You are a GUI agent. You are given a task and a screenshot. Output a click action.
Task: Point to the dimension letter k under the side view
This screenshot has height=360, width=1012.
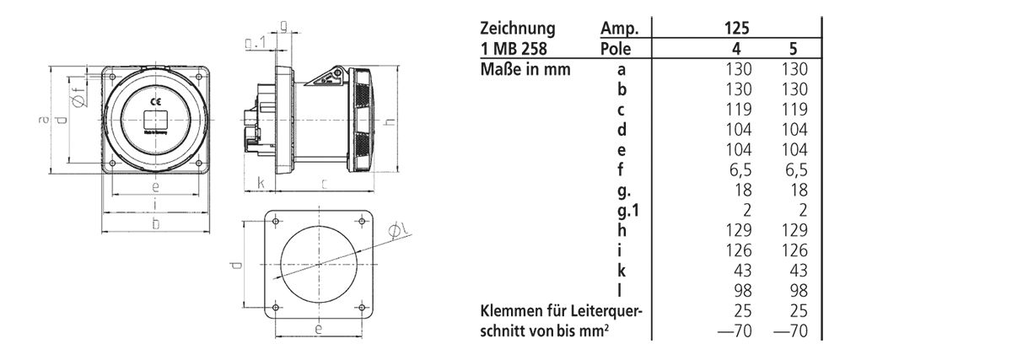pyautogui.click(x=262, y=182)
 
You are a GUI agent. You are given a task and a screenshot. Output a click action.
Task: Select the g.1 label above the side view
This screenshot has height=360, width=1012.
pyautogui.click(x=256, y=43)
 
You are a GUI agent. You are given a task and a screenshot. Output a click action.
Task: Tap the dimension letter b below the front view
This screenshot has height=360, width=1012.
pyautogui.click(x=155, y=223)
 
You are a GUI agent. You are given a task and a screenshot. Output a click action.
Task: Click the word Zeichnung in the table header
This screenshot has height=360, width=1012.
pyautogui.click(x=516, y=27)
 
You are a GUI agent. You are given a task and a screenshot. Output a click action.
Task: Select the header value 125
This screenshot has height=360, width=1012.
pyautogui.click(x=736, y=27)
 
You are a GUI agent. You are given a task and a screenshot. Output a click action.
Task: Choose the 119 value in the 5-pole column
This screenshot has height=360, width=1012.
pyautogui.click(x=793, y=109)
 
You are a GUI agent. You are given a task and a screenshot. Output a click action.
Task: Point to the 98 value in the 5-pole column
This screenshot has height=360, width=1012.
pyautogui.click(x=796, y=291)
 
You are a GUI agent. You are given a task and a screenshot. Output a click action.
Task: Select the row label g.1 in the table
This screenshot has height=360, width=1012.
pyautogui.click(x=624, y=231)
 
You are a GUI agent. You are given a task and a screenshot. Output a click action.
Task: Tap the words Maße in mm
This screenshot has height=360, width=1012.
pyautogui.click(x=525, y=68)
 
